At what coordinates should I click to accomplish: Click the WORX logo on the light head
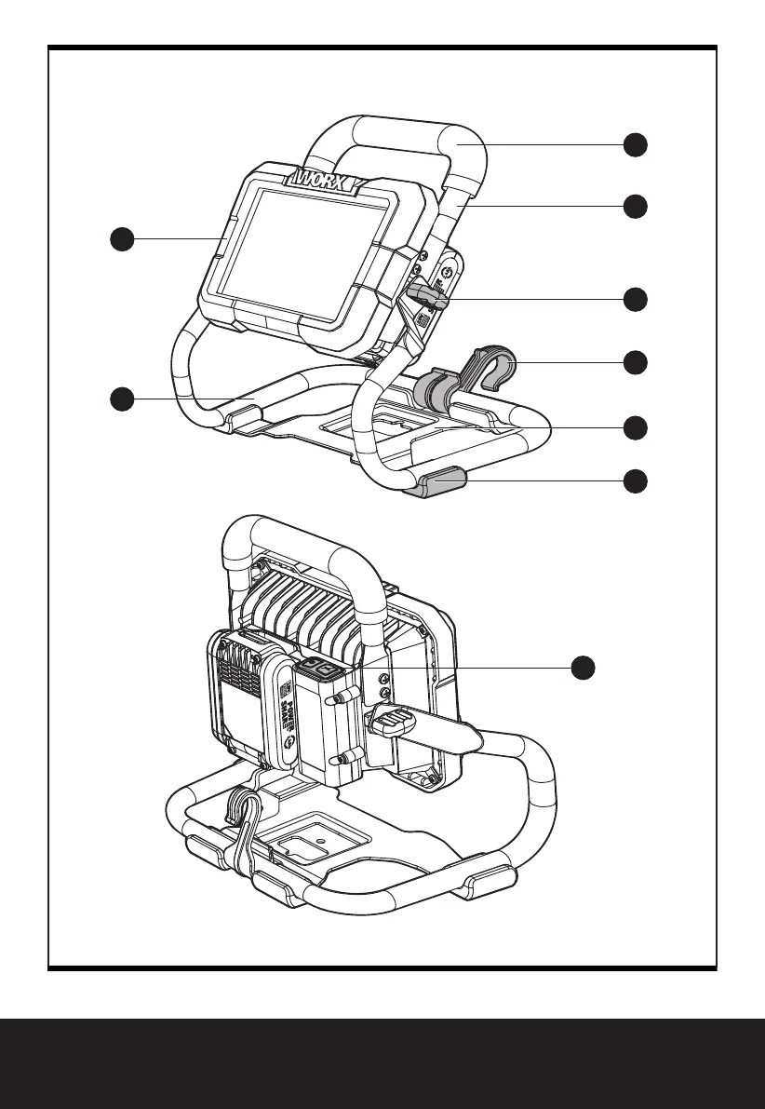325,179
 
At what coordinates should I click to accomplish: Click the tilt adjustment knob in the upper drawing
426,297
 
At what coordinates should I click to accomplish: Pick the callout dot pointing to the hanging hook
635,361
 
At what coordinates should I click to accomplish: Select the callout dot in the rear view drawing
583,667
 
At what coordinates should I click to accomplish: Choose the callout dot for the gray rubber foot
635,480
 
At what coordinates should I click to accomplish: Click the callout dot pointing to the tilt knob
635,299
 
